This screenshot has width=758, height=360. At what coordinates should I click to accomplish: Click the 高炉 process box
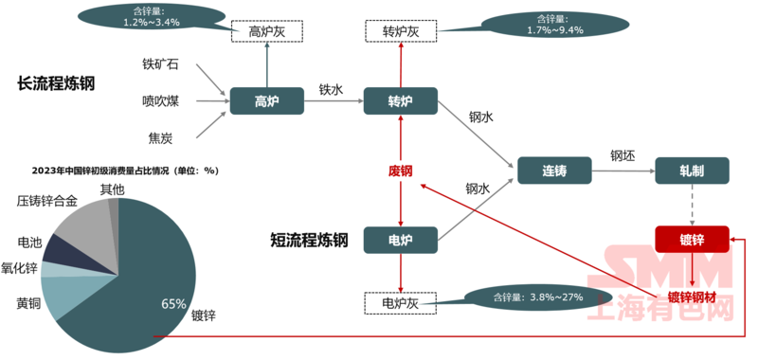point(266,101)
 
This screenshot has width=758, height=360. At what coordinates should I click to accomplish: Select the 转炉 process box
point(400,101)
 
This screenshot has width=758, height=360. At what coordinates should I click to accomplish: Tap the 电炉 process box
point(400,240)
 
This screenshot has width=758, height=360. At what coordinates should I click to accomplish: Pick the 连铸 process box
point(554,171)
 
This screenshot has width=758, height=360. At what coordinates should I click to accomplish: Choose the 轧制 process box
point(692,171)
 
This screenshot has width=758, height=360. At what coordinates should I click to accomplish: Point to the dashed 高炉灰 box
point(267,31)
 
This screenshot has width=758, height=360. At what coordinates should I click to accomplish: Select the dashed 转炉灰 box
point(400,31)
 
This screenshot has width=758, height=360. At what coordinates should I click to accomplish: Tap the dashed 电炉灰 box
point(400,303)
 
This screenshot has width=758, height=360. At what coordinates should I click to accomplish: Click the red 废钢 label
point(400,171)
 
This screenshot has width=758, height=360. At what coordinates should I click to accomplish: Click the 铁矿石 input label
point(160,64)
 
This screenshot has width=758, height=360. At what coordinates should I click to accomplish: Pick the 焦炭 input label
point(160,138)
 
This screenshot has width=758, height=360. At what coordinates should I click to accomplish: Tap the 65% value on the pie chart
point(173,304)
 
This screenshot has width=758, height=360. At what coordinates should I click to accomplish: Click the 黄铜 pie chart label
point(28,304)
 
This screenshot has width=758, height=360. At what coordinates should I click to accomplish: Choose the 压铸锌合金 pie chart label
point(48,201)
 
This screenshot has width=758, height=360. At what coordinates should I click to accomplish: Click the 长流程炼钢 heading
point(57,83)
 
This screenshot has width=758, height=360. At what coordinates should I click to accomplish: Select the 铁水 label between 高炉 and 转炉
point(331,90)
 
